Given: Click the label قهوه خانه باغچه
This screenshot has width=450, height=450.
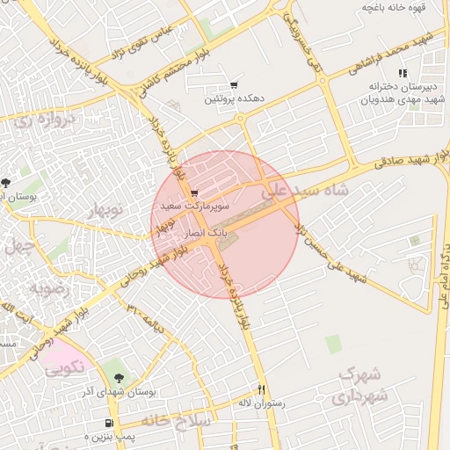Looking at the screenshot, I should pos(394,7).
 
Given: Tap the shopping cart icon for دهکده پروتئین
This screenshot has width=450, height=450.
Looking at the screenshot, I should pos(234,85).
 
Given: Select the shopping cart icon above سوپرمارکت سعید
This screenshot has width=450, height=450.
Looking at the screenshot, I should pos(194,193).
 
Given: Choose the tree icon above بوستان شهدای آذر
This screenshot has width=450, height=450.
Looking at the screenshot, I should pos(119,377).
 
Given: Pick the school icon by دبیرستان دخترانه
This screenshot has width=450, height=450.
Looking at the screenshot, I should pos(403,73).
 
